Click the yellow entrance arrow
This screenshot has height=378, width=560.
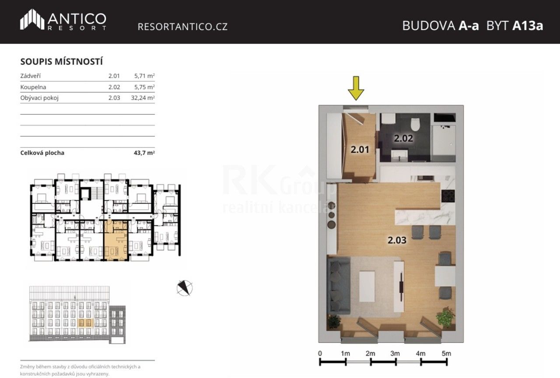[356, 88]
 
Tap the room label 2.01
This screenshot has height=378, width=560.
[360, 150]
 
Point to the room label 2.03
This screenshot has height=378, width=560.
[397, 240]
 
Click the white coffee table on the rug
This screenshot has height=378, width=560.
[367, 287]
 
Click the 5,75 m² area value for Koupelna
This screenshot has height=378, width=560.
[144, 87]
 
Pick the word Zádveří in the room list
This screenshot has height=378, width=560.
[31, 76]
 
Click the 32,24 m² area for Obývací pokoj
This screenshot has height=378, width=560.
[143, 98]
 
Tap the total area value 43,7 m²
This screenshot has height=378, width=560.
[144, 153]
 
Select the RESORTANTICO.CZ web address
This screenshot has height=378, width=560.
[182, 27]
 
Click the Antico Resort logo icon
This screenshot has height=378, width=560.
[31, 20]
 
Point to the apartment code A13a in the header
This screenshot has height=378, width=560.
[527, 26]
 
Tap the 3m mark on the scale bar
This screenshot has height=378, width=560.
[395, 353]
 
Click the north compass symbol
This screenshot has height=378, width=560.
[185, 287]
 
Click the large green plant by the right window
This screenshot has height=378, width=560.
[446, 317]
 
